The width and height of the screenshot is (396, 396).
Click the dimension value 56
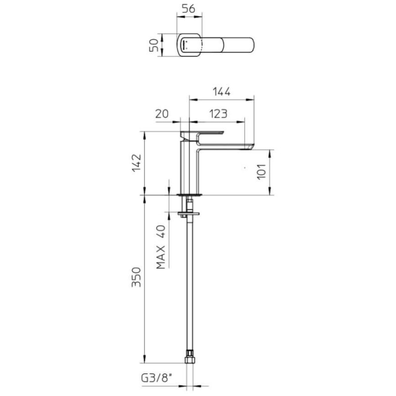tap(189, 9)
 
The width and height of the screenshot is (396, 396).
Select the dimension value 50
tap(154, 46)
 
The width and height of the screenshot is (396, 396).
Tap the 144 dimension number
tap(221, 92)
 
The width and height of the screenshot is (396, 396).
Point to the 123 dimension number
tap(218, 114)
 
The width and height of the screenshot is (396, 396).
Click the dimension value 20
tap(162, 114)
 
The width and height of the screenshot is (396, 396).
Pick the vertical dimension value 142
tap(137, 163)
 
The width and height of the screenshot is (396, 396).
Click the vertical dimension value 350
tap(137, 277)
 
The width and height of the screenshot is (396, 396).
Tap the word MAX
tap(160, 257)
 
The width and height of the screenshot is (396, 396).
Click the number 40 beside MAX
tap(160, 232)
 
